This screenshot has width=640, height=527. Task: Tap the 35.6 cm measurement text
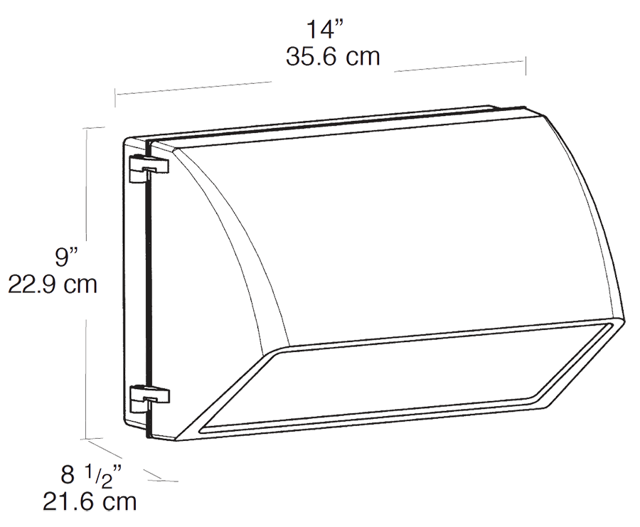pyautogui.click(x=333, y=57)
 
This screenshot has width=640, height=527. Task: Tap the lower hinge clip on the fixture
pyautogui.click(x=149, y=396)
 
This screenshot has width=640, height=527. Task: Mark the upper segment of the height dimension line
pyautogui.click(x=87, y=185)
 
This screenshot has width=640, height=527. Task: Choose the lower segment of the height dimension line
pyautogui.click(x=87, y=377)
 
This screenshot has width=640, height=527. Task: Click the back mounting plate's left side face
pyautogui.click(x=135, y=284)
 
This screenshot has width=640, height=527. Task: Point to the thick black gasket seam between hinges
pyautogui.click(x=148, y=284)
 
